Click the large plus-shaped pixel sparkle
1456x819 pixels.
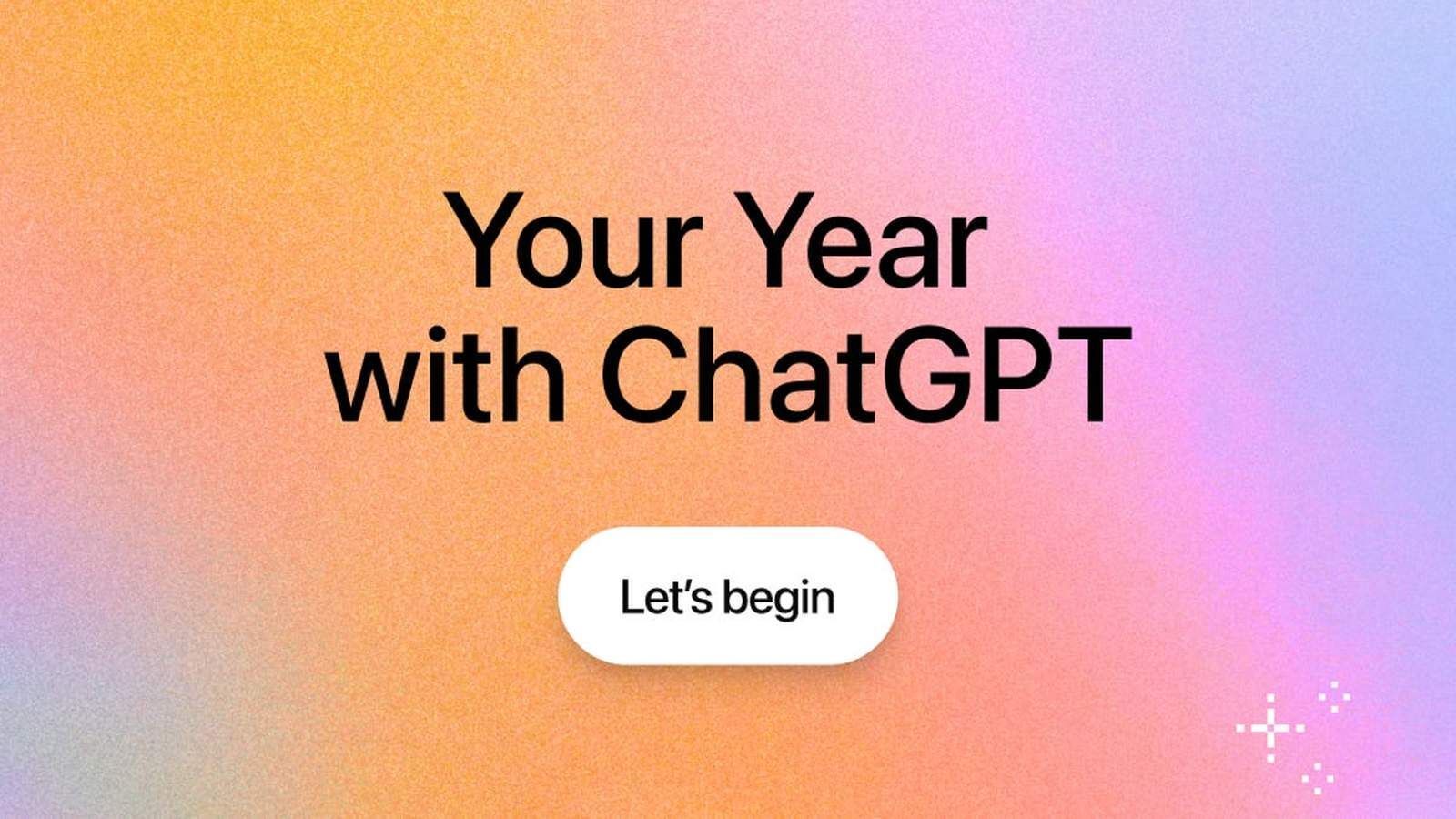point(1270,728)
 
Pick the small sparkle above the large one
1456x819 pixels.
point(1335,697)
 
